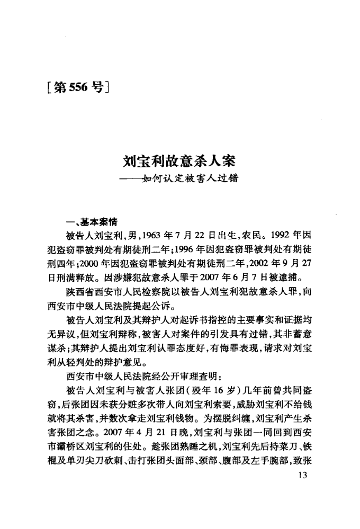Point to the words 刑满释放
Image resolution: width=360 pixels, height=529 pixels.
pyautogui.click(x=74, y=276)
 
